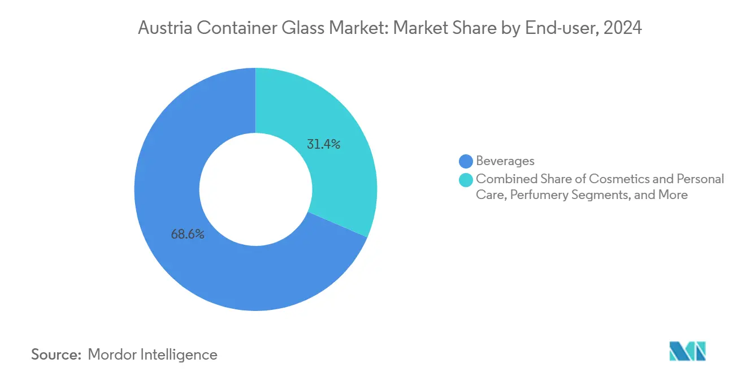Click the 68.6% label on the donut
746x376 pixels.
188,234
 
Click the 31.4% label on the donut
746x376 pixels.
323,145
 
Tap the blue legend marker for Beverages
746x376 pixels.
466,162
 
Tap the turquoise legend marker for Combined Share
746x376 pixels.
466,179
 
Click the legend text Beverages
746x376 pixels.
505,162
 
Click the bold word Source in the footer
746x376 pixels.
55,355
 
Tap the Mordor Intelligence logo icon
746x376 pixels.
687,351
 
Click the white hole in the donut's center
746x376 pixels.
255,189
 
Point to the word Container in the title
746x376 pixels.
231,28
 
